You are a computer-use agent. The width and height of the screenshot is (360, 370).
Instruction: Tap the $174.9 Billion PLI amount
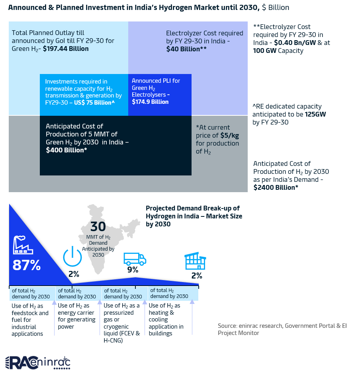tap(150, 102)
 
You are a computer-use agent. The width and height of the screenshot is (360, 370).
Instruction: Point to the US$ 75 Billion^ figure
tap(94, 102)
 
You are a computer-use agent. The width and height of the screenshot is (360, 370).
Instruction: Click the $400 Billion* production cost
tap(66, 150)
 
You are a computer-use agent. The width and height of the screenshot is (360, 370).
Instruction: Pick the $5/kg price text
tap(230, 135)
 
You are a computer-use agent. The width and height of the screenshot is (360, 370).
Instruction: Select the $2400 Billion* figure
tap(276, 187)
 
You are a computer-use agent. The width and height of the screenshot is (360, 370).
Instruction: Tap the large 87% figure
tap(27, 265)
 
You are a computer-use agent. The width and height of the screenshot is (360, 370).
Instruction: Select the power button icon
tap(72, 256)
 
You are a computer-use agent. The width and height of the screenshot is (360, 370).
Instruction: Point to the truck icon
tap(135, 259)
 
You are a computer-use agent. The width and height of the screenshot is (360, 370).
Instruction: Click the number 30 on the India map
tap(98, 226)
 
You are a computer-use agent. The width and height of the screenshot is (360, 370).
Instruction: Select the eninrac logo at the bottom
tap(38, 362)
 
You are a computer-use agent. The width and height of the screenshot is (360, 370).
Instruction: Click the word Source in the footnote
tap(227, 326)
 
